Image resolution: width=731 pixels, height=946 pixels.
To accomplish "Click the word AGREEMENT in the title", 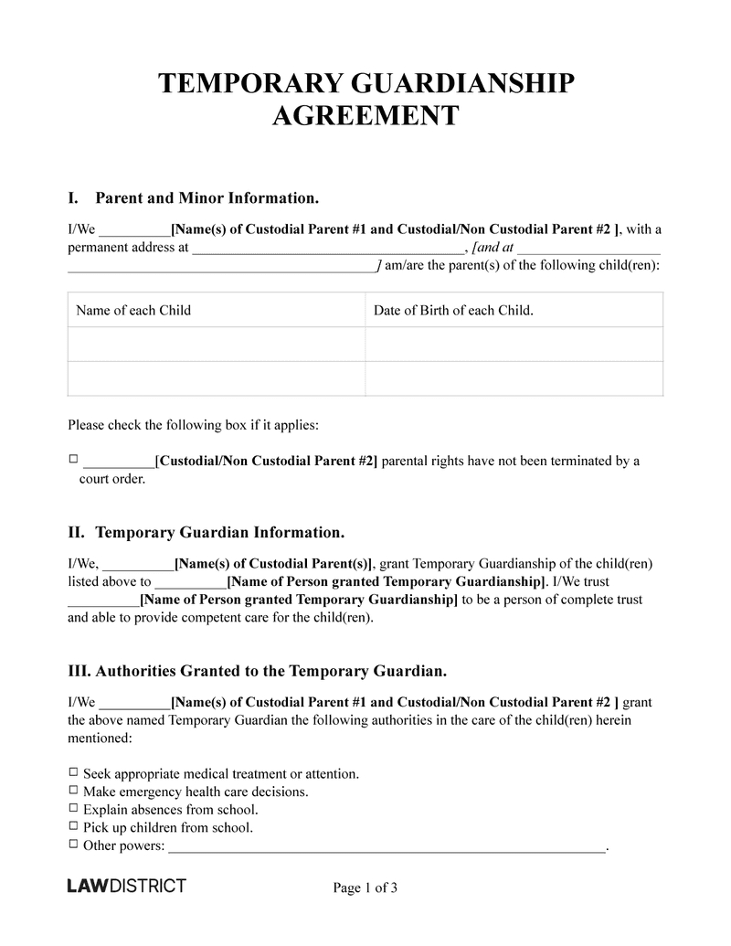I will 365,116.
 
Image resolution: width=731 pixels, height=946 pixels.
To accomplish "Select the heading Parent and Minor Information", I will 207,197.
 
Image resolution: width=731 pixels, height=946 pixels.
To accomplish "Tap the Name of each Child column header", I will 133,310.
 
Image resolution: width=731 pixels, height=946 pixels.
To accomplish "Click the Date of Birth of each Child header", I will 453,310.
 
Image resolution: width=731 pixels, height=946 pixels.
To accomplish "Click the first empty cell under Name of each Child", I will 217,345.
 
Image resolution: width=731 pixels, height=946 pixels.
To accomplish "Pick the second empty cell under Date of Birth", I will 514,378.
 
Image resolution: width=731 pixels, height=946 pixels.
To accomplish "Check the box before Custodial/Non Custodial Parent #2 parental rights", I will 74,461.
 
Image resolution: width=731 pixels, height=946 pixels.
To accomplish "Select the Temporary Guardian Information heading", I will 219,532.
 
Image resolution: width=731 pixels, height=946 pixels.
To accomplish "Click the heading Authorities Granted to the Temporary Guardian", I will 258,671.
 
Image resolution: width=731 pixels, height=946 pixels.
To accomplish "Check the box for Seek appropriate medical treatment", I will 74,773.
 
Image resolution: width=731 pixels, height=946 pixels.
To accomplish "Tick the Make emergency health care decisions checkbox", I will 74,791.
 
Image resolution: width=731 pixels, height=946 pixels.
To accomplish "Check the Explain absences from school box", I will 74,809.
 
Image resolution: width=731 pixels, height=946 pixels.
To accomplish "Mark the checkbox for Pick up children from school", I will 74,827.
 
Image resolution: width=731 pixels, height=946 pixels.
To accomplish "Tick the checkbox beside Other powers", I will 74,845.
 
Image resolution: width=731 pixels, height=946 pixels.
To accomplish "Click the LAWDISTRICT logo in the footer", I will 127,886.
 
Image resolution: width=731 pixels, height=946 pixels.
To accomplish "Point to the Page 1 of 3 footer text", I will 365,888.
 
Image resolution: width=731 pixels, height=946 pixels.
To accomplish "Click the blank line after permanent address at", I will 328,249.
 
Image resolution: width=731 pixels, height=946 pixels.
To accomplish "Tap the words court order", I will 111,478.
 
